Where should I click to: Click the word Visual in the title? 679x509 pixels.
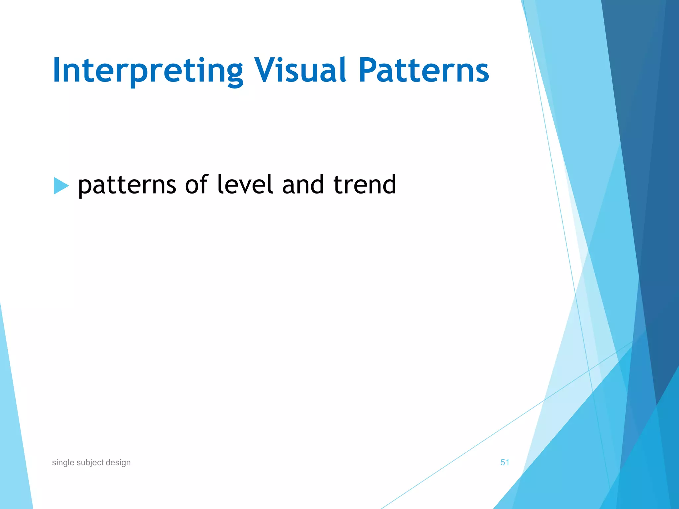coord(300,70)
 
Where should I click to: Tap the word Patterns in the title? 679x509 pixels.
coord(423,70)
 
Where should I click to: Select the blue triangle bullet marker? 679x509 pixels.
coord(60,186)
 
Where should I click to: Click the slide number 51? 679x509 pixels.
coord(505,462)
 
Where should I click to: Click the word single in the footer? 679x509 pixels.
coord(63,463)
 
